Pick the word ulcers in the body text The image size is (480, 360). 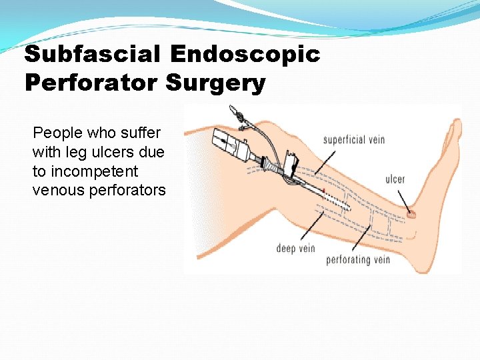point(113,152)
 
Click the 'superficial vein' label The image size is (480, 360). point(353,140)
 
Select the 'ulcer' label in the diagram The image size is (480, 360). point(395,179)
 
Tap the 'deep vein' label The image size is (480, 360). point(295,249)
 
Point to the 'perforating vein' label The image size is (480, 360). point(358,259)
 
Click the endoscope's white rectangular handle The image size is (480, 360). point(227,144)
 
